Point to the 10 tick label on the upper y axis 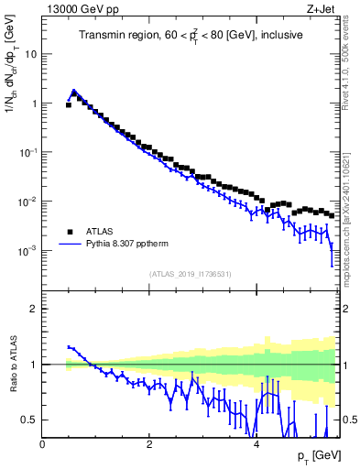click(29, 54)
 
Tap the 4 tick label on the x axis click(255, 444)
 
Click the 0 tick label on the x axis click(42, 444)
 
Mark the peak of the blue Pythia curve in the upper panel click(74, 91)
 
